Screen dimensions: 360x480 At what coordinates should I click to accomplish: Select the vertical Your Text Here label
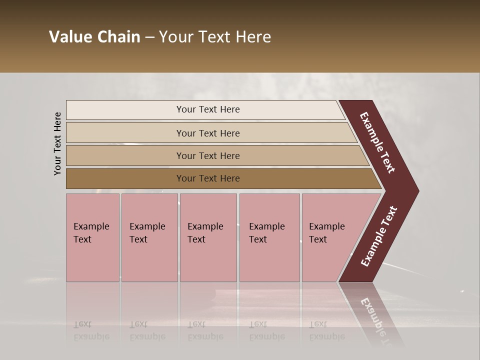point(57,143)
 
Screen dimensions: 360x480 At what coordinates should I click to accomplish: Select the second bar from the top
point(208,133)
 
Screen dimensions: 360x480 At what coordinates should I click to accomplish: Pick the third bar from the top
point(208,156)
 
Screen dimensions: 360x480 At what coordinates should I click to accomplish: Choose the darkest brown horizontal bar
point(208,178)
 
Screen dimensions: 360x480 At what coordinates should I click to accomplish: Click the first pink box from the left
point(92,237)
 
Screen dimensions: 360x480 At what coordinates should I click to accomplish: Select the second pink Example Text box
point(149,237)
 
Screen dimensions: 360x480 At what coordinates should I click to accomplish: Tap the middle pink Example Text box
point(208,237)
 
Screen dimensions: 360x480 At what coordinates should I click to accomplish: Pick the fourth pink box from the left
point(269,237)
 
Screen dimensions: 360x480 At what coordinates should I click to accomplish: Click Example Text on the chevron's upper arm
point(377,142)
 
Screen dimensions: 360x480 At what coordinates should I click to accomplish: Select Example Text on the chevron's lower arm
point(379,236)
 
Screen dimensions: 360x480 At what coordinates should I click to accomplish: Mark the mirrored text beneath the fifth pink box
point(326,331)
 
